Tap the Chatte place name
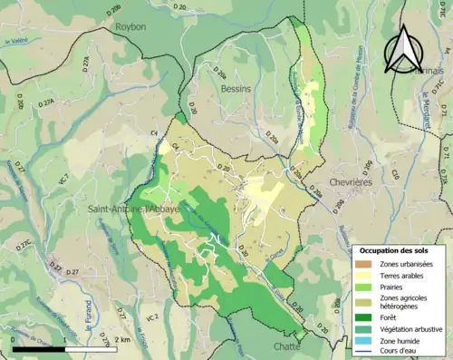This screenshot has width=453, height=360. [286, 345]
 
